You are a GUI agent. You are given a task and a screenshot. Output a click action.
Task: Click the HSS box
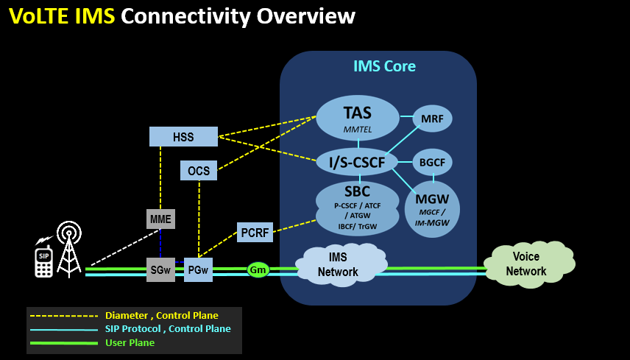(x=183, y=137)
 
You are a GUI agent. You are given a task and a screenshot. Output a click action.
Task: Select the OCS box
(x=199, y=171)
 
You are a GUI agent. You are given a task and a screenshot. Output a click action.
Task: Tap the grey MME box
(x=160, y=219)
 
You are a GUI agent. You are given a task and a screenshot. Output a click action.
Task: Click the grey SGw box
(x=160, y=270)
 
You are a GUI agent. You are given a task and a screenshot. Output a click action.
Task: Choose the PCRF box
(x=255, y=233)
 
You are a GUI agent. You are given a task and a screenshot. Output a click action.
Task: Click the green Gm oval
(x=258, y=270)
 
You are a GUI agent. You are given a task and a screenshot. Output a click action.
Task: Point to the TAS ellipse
(x=358, y=118)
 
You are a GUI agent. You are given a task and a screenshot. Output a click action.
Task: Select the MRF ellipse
(x=432, y=118)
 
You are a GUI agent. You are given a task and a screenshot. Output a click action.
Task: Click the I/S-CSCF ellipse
(x=357, y=162)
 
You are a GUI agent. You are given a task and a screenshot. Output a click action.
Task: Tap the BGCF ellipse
(x=432, y=162)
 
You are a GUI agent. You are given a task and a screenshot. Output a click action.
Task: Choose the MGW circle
(x=432, y=208)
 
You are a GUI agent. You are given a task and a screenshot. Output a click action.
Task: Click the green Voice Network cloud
(x=526, y=264)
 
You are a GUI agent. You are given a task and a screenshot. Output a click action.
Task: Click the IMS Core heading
(x=384, y=67)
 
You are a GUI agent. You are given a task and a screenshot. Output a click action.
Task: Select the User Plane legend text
(x=130, y=342)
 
